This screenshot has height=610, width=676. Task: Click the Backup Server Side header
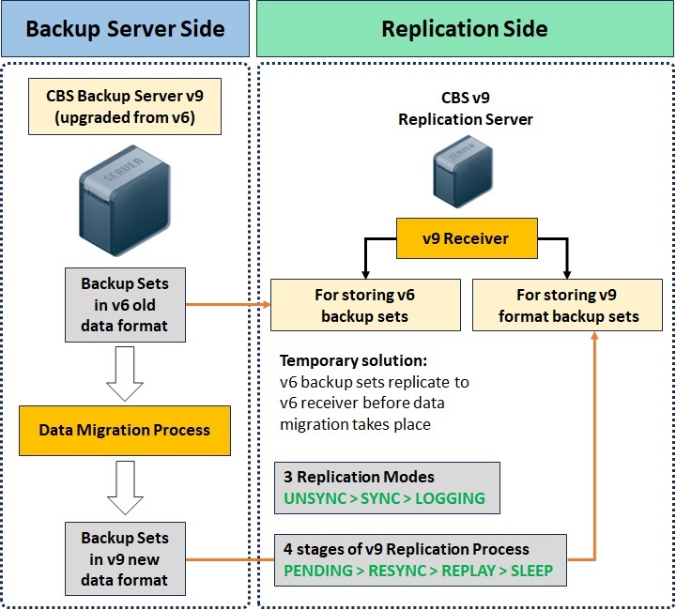tap(125, 28)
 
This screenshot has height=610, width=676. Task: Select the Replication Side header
tap(464, 28)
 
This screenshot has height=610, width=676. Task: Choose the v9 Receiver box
tap(465, 238)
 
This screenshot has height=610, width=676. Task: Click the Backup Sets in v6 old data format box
tap(125, 304)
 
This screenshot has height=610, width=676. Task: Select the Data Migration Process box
tap(125, 431)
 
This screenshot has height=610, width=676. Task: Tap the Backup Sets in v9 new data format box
tap(125, 559)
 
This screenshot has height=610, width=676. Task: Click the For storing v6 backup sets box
tap(365, 305)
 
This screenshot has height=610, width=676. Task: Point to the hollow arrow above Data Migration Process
tap(125, 369)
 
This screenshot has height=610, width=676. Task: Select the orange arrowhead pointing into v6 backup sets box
tap(265, 305)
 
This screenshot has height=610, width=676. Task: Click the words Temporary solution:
tap(352, 360)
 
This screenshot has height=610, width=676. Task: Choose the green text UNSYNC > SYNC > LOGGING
tap(385, 498)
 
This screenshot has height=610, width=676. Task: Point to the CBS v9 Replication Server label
tap(465, 109)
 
